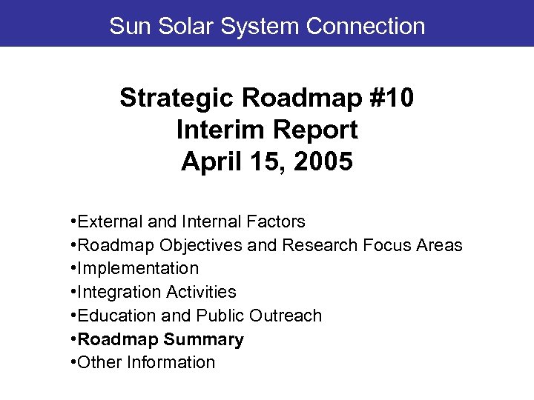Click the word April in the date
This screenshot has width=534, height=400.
pos(208,161)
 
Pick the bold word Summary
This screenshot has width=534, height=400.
pos(204,339)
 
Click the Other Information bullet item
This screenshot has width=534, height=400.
pos(145,362)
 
